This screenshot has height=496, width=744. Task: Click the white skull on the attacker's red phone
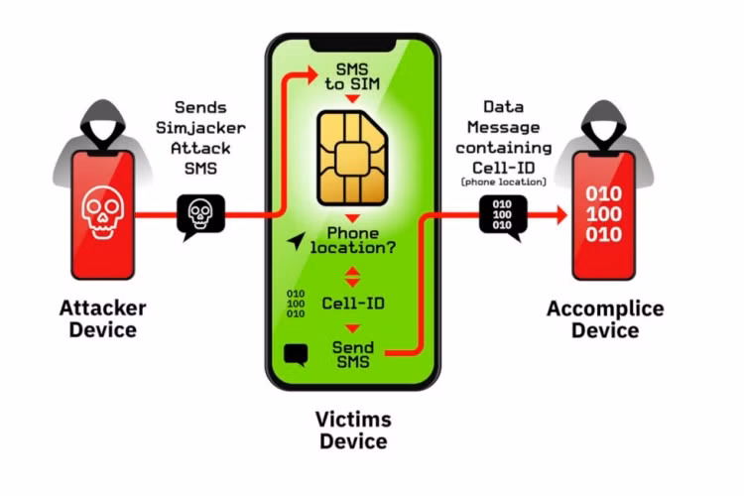(103, 213)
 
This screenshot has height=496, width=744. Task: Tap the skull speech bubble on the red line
(200, 214)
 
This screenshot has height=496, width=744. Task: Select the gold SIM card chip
(353, 155)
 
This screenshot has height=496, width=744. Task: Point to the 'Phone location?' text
(353, 239)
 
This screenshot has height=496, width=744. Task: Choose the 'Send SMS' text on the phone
(353, 354)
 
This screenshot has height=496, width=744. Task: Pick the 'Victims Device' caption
(353, 430)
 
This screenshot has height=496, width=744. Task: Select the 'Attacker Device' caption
(103, 318)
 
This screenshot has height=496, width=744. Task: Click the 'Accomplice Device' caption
(605, 320)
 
